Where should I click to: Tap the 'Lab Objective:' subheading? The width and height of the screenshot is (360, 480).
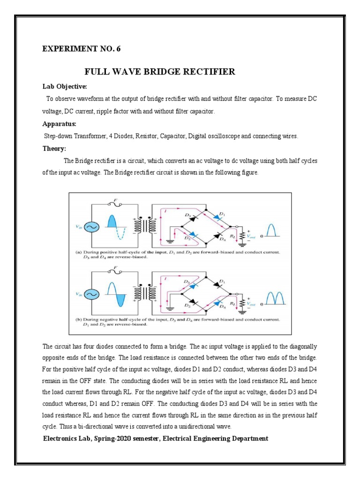click(x=62, y=87)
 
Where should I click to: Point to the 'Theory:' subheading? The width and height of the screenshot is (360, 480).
click(x=54, y=149)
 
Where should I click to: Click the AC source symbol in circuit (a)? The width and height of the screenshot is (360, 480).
click(x=90, y=226)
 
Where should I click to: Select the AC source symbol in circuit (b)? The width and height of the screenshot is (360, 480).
click(x=90, y=294)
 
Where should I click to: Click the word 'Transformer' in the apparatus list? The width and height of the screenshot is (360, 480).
click(x=84, y=136)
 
